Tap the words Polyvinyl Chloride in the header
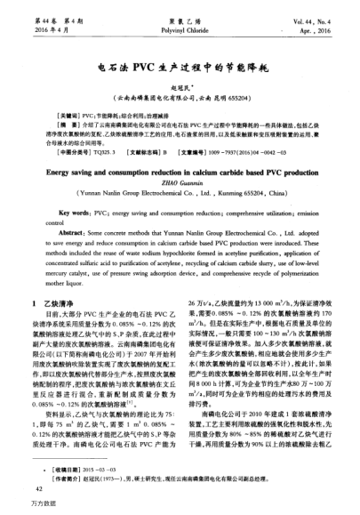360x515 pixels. tap(180, 28)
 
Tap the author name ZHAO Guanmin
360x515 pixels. tap(180, 188)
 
